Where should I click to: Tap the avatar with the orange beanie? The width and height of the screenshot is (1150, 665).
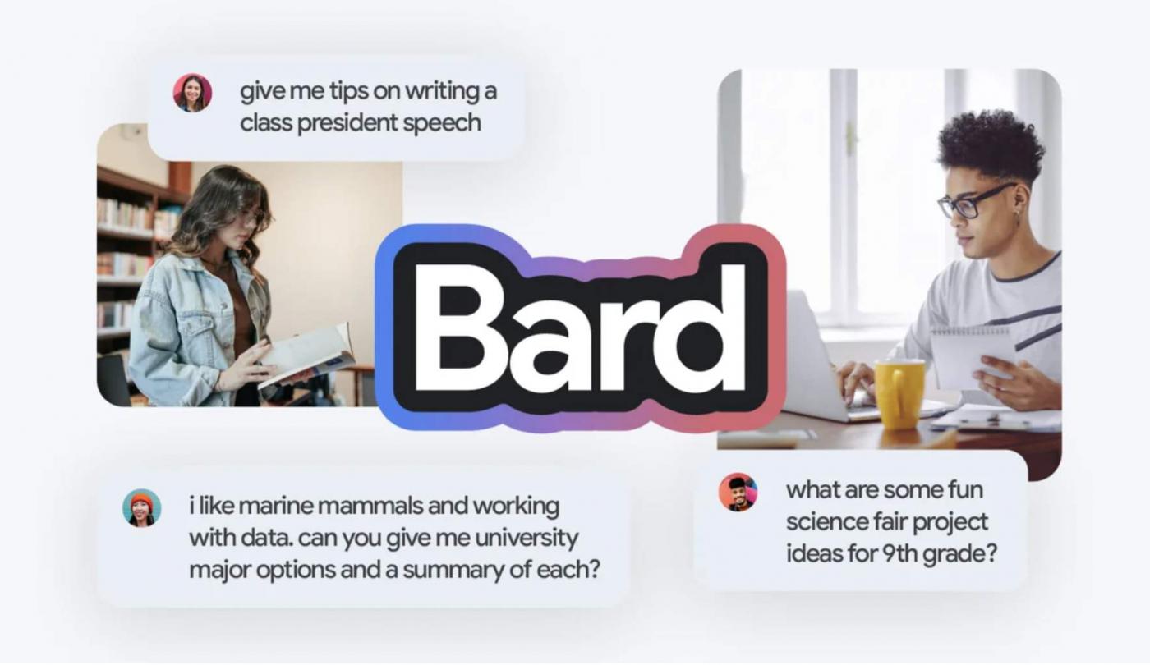[x=141, y=507]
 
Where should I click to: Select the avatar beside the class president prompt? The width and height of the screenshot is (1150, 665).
[x=192, y=93]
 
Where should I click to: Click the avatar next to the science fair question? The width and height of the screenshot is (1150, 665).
[x=738, y=492]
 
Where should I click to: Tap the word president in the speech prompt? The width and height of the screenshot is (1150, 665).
[x=347, y=124]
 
